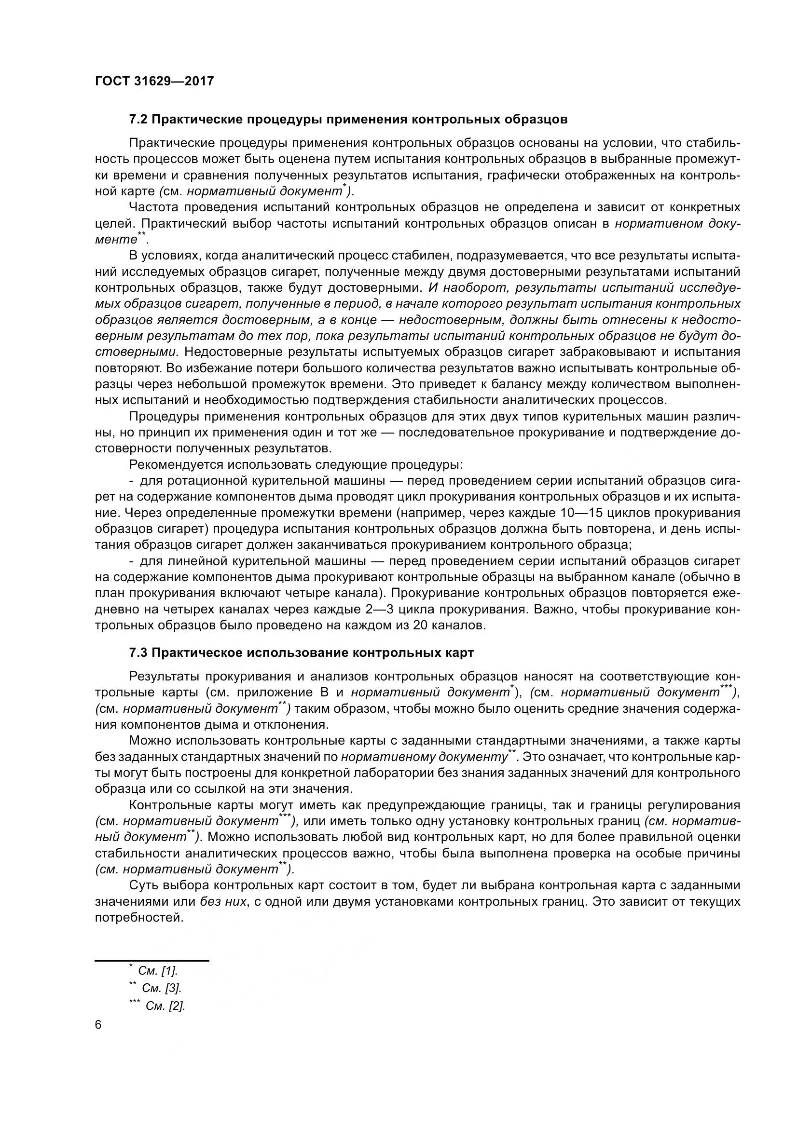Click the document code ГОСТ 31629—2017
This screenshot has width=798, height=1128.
tap(154, 81)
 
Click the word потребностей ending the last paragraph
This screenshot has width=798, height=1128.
tap(138, 918)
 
